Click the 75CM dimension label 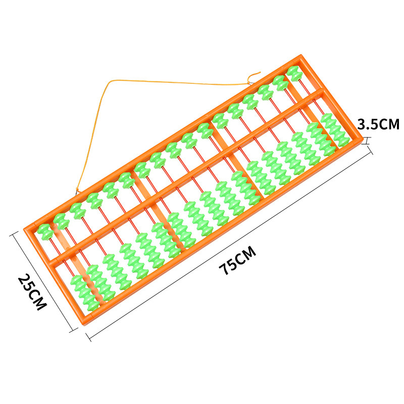click(237, 260)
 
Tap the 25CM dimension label click(32, 292)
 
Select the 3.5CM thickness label click(378, 124)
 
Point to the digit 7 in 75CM click(224, 269)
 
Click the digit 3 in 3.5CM click(362, 124)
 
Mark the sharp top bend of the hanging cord click(112, 81)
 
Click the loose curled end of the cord click(254, 76)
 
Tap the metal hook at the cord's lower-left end click(77, 191)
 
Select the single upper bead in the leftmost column click(45, 232)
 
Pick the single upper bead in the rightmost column click(295, 73)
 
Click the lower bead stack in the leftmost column click(85, 293)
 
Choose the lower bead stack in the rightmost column click(335, 130)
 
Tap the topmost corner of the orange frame click(300, 55)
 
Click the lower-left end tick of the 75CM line click(88, 337)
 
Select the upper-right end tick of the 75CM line click(370, 150)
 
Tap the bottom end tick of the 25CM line click(73, 330)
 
